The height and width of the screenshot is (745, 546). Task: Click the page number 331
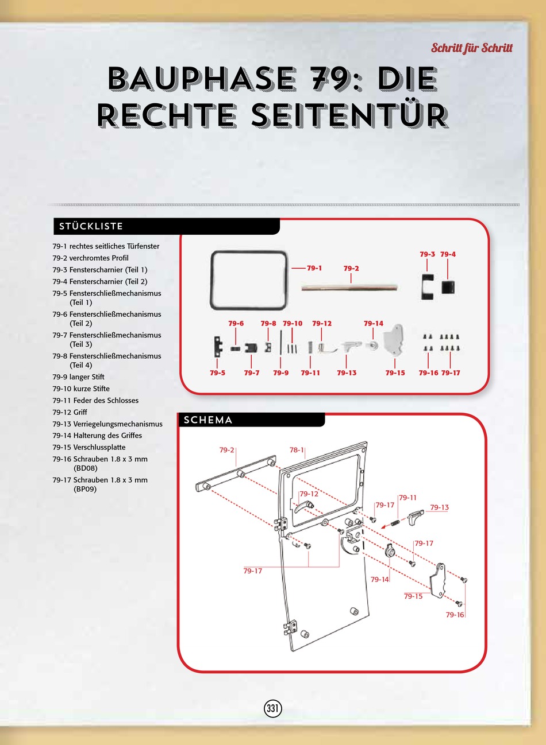272,708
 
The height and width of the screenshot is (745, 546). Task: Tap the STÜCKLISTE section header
91,226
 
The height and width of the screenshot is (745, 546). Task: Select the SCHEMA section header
208,420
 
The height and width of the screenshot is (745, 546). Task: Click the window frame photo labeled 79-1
248,280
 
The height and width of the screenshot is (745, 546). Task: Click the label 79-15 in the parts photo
395,373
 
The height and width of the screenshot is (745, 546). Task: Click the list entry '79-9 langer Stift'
78,377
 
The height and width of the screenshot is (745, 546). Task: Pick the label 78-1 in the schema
297,450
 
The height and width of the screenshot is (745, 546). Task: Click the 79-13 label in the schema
439,507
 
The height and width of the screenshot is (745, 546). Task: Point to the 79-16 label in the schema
455,615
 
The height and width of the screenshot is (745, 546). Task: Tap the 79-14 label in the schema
379,580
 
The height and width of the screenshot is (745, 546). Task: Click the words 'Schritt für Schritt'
471,48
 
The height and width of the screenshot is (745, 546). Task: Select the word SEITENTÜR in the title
349,116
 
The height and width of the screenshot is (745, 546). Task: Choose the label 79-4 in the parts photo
448,254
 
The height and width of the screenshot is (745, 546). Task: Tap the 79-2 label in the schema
226,450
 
